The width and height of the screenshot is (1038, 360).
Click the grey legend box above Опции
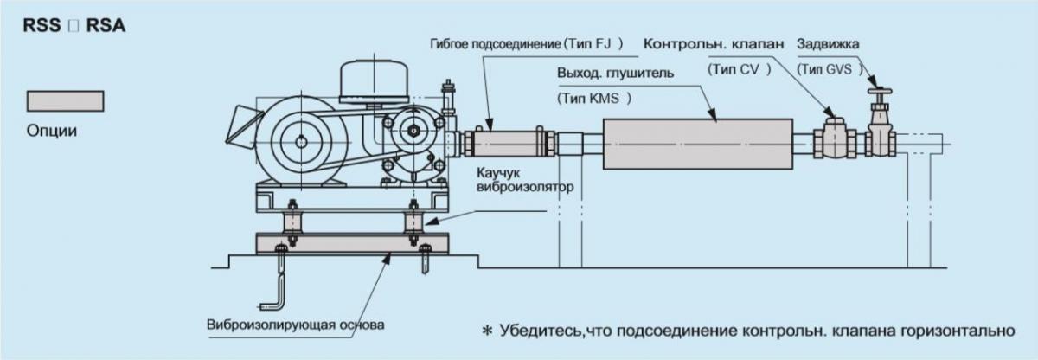point(66,100)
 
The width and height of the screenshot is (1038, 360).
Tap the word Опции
point(52,132)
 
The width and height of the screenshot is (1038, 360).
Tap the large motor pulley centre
point(298,142)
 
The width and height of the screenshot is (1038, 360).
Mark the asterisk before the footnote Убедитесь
point(487,331)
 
